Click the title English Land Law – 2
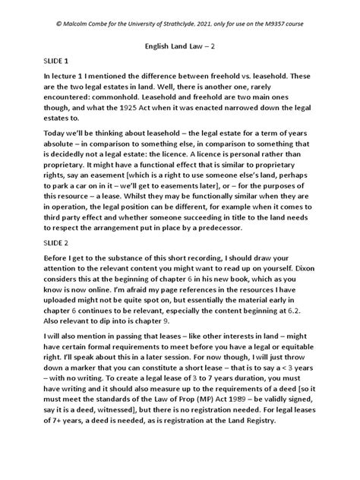181,44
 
